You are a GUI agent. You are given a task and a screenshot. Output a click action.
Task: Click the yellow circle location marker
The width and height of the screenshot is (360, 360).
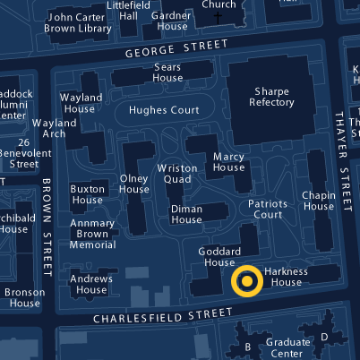[246, 281]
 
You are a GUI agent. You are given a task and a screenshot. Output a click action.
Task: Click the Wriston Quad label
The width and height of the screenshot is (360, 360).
[178, 174]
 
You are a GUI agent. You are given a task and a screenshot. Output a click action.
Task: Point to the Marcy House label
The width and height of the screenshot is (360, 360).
[228, 162]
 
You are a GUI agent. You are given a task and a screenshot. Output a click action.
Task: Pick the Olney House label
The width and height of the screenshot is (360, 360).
[134, 184]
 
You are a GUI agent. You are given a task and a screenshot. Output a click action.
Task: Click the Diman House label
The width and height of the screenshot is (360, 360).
[187, 214]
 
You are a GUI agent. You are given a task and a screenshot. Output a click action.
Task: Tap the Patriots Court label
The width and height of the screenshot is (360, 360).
[267, 209]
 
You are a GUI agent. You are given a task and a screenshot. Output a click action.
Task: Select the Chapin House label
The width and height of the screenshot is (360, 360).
[318, 201]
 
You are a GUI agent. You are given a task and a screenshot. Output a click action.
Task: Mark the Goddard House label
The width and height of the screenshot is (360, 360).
[219, 257]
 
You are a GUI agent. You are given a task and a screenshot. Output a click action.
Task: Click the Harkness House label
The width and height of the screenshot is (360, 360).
[287, 277]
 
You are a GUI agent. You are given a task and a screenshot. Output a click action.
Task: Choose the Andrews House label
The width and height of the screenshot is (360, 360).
[91, 284]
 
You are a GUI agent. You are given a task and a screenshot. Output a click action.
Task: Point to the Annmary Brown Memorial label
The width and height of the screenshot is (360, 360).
[92, 232]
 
